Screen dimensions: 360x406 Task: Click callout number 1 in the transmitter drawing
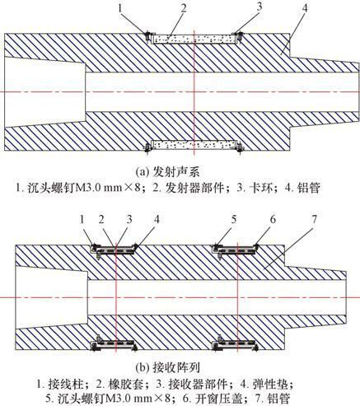coord(120,8)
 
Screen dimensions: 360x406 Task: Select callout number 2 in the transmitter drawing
coord(183,8)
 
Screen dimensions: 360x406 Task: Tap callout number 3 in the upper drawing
coord(259,7)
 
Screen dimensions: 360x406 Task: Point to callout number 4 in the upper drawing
coord(304,8)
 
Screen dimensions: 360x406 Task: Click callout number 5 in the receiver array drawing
coord(234,220)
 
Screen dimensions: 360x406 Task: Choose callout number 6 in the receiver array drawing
coord(273,220)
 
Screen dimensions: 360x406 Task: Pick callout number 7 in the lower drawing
coord(314,219)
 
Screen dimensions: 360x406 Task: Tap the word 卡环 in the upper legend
coord(264,188)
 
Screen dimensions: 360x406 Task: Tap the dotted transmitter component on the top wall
coord(194,39)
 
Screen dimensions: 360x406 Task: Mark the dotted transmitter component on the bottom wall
coord(194,144)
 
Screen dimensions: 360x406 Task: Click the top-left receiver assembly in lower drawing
coord(114,250)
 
